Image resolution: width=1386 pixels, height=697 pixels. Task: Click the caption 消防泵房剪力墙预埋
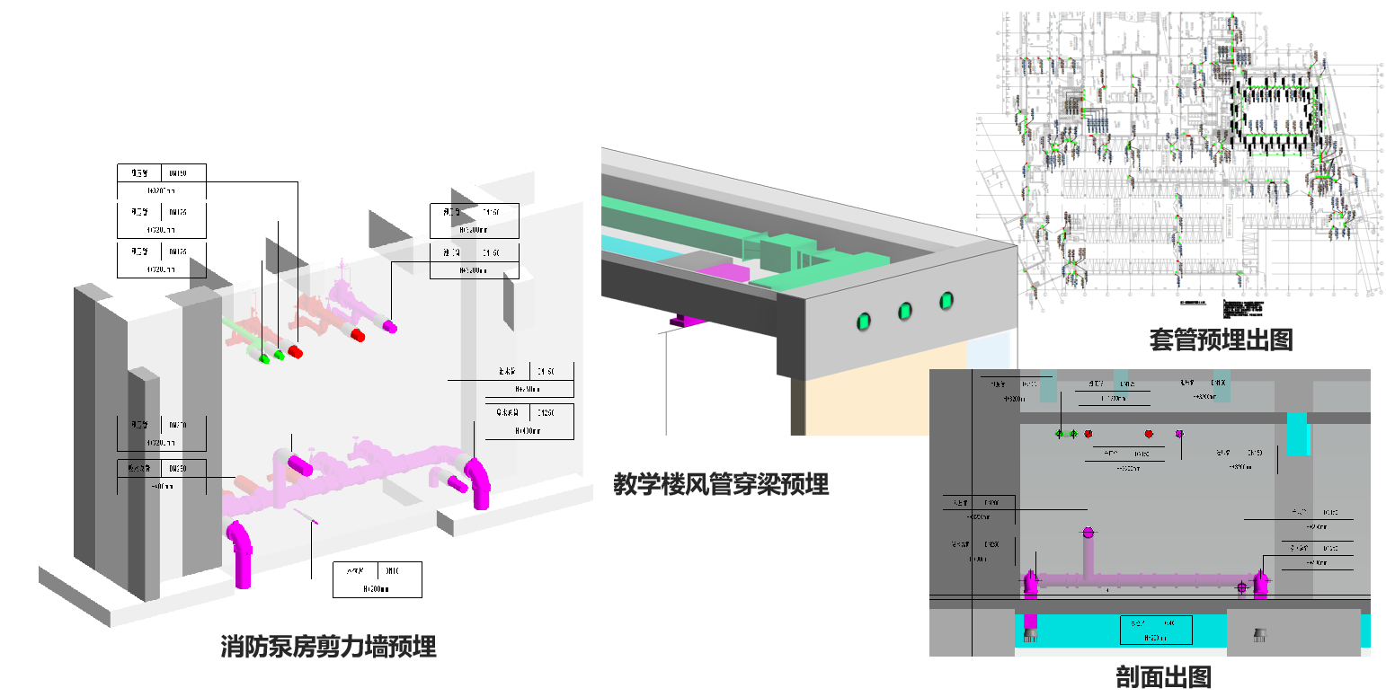point(328,647)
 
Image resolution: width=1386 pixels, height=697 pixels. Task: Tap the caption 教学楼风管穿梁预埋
point(720,485)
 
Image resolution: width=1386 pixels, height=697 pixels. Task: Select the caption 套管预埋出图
point(1221,340)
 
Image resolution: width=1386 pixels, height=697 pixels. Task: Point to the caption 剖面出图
point(1163,676)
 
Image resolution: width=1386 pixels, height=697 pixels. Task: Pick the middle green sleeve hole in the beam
point(904,311)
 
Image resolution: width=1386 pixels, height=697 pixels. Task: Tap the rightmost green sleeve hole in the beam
point(946,302)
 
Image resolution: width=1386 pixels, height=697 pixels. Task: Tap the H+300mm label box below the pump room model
point(377,579)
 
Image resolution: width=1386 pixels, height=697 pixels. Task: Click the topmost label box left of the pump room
point(162,181)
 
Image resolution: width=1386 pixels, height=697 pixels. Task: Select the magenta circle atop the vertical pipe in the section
point(1088,533)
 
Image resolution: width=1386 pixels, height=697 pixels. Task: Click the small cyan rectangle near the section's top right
point(1298,433)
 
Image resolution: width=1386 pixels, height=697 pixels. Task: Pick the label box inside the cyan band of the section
point(1155,630)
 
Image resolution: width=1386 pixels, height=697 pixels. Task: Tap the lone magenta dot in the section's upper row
point(1179,434)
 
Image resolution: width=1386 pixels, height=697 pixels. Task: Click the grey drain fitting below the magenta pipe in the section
point(1030,635)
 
